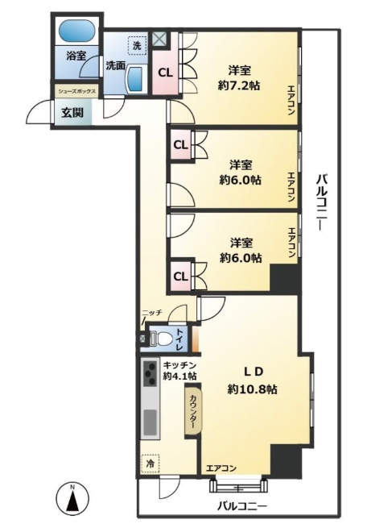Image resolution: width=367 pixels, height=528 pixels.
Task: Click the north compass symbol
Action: (x=72, y=500)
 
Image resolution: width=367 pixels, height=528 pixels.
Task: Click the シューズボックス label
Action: (x=76, y=92)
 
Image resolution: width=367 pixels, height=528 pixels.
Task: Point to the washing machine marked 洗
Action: (x=137, y=47)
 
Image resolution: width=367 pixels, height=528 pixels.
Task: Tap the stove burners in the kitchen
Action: (x=150, y=373)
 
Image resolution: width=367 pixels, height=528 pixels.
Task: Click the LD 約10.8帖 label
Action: (x=252, y=380)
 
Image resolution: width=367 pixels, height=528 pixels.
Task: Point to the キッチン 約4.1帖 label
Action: (x=179, y=369)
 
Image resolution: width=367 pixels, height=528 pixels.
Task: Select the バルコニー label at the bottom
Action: (x=241, y=505)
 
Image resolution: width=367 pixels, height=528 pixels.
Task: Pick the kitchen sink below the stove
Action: (x=150, y=421)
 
